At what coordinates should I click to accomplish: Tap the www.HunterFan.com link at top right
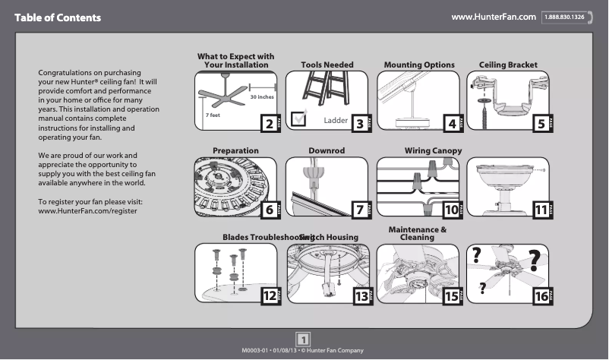tap(494, 17)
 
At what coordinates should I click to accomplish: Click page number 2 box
tap(267, 123)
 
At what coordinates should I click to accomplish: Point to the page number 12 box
tap(269, 296)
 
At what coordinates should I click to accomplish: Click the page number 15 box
tap(451, 296)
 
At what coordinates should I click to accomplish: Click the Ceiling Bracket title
tap(508, 65)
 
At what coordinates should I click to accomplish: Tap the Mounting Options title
tap(419, 65)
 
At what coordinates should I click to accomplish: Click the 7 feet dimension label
tap(212, 115)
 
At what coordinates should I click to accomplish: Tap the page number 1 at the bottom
tap(303, 339)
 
